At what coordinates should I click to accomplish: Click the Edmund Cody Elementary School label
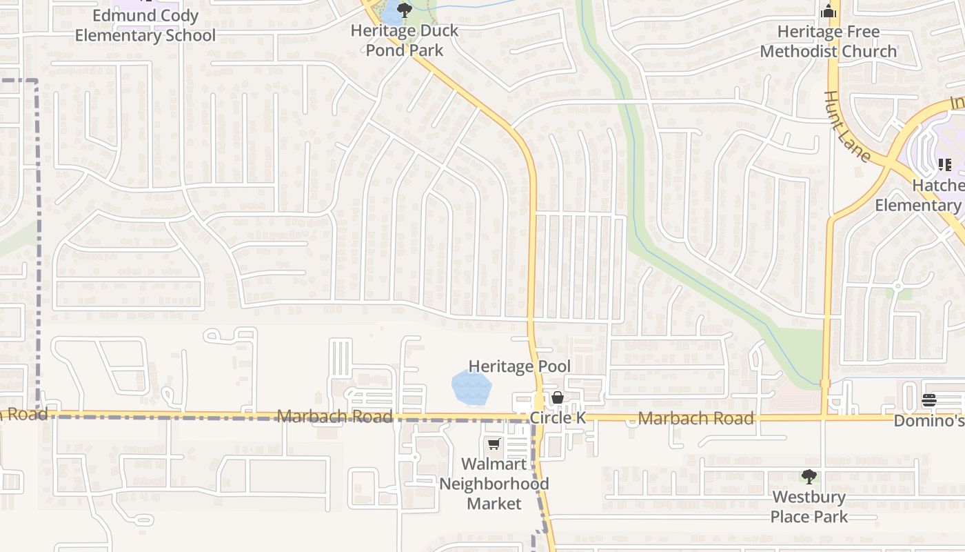pos(145,26)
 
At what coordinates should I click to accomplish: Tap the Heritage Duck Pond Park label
pos(405,40)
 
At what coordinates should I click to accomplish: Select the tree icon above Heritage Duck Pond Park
pos(405,10)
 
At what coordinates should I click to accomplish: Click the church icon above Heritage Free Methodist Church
pos(829,12)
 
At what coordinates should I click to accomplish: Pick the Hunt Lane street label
pos(848,126)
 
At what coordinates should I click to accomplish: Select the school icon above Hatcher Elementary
pos(944,164)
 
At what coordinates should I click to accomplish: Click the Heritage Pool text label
pos(520,366)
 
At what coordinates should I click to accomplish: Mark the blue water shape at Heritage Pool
pos(471,388)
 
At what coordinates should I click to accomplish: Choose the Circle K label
pos(557,418)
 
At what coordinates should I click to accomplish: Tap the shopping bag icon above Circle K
pos(558,397)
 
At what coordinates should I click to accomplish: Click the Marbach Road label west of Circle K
pos(334,417)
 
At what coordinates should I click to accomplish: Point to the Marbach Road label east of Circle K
pos(695,418)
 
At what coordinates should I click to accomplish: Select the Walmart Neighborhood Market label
pos(494,484)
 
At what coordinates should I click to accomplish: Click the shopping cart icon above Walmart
pos(494,444)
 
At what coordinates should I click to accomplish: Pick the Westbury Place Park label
pos(809,506)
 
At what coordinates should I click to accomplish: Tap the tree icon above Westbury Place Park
pos(809,476)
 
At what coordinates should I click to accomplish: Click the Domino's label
pos(929,420)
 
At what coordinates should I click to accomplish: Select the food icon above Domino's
pos(929,400)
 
